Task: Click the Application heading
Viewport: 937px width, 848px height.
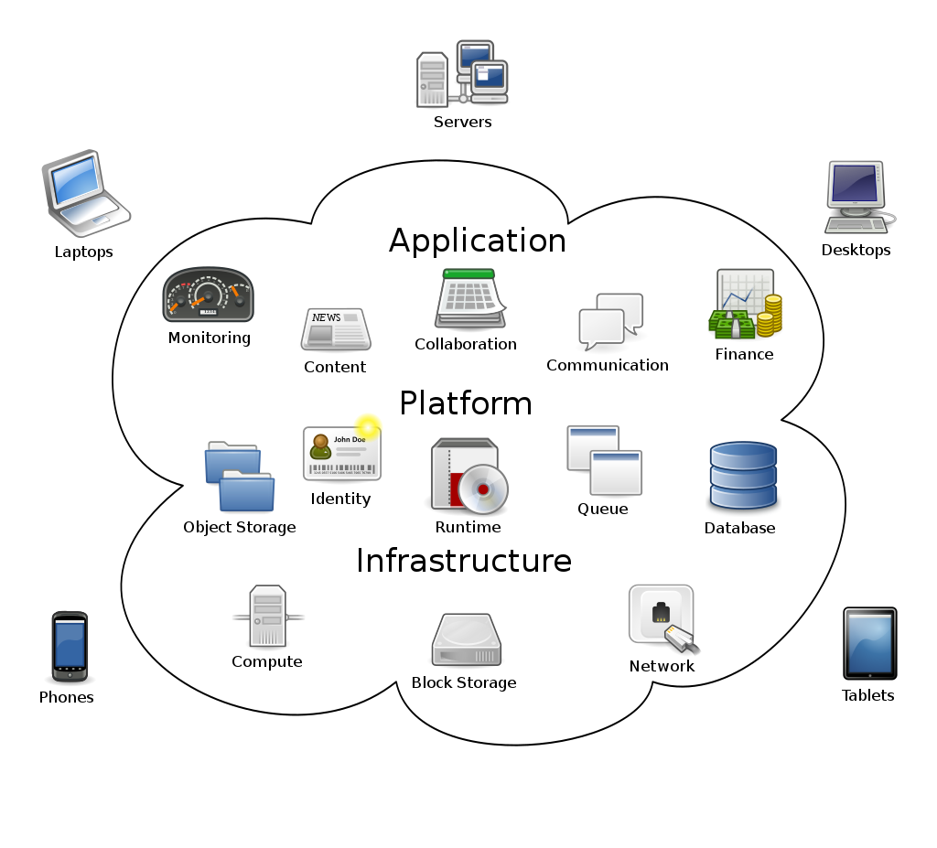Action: (x=478, y=241)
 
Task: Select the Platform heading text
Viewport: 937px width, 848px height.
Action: (x=466, y=403)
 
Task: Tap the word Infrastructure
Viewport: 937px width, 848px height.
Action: (x=464, y=560)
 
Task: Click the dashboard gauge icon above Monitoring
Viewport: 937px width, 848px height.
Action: (x=208, y=295)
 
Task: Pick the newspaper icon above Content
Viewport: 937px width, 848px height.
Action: (x=335, y=329)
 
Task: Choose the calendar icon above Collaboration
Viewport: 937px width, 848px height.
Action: (x=469, y=299)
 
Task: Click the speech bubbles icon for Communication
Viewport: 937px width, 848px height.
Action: (x=610, y=321)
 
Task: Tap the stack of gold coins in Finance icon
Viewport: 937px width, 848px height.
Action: (x=771, y=313)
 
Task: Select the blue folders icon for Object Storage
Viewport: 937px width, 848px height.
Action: (x=239, y=476)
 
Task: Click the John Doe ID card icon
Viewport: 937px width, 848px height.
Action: (x=341, y=453)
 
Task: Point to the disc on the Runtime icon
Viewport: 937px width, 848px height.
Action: (x=483, y=488)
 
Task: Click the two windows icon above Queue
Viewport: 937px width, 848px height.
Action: (x=604, y=459)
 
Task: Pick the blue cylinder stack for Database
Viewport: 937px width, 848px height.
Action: (x=742, y=476)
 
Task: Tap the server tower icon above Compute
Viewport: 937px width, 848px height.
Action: (x=267, y=617)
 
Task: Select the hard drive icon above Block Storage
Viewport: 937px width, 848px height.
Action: (x=466, y=640)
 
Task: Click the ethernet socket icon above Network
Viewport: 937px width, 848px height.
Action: (x=661, y=616)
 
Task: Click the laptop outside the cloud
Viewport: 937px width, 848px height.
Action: (x=84, y=192)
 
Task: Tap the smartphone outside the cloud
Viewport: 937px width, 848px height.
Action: (x=70, y=646)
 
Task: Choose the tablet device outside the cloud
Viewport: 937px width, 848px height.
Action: (x=869, y=643)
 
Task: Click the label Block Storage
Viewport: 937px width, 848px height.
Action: (x=463, y=682)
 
